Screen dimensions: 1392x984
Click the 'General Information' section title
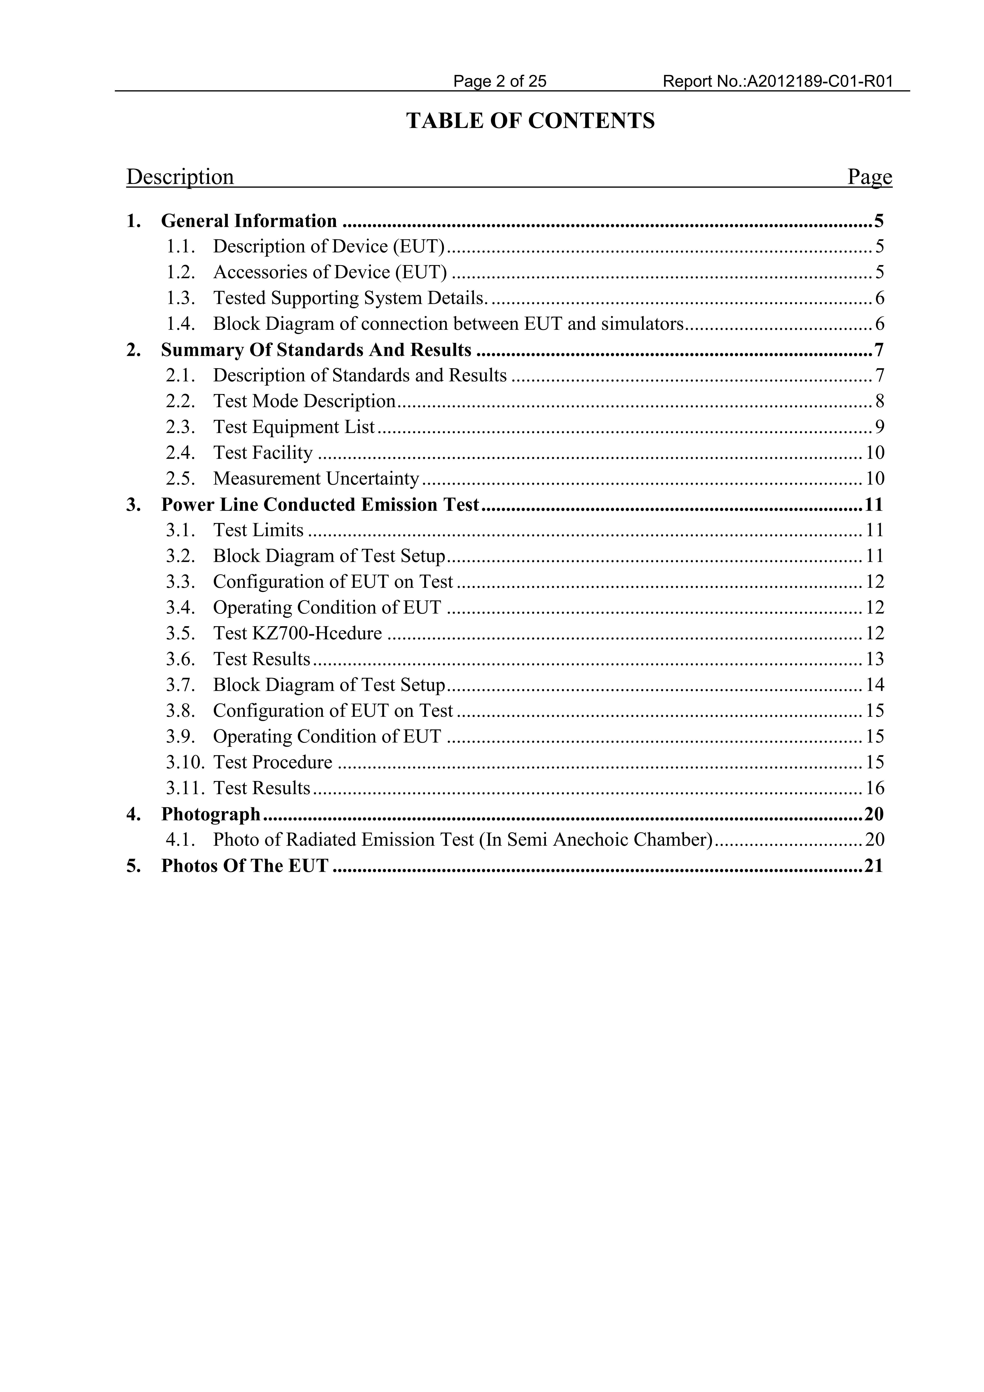pyautogui.click(x=249, y=221)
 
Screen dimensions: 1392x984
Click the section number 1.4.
pyautogui.click(x=181, y=324)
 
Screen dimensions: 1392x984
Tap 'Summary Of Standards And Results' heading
pyautogui.click(x=316, y=350)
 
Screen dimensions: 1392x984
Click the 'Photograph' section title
pyautogui.click(x=210, y=814)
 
